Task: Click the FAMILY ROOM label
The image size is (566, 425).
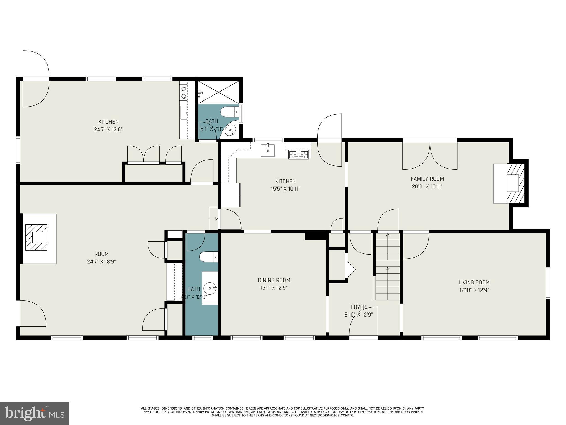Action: [427, 179]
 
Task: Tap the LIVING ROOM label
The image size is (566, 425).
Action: [474, 283]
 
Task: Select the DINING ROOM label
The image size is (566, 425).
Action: [274, 280]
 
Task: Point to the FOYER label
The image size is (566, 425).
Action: [358, 307]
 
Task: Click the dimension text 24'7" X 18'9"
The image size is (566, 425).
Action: [101, 261]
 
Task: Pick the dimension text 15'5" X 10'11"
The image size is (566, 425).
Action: [285, 189]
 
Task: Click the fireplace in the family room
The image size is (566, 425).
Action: [515, 183]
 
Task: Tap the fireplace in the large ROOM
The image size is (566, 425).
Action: [36, 237]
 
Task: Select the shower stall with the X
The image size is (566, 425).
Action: [218, 92]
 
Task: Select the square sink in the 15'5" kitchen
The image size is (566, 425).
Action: [268, 150]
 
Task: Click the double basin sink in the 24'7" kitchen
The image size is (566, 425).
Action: [183, 93]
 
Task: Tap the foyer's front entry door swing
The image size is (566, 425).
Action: [363, 322]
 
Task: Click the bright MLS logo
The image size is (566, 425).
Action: [35, 413]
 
